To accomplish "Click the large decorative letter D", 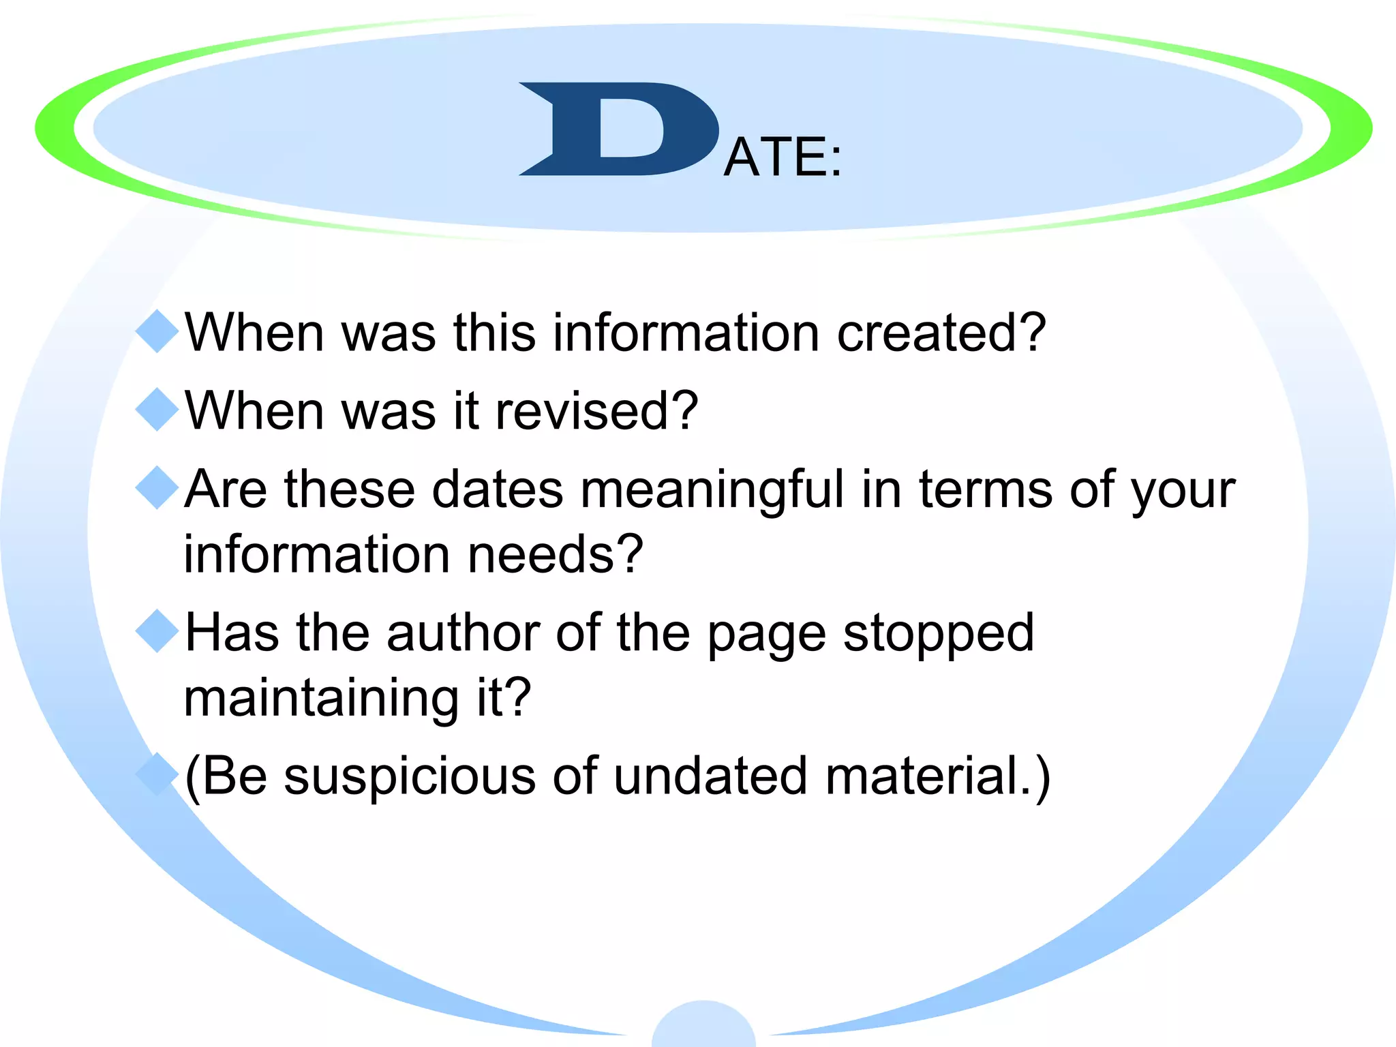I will pos(617,130).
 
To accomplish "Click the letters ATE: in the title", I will pos(783,157).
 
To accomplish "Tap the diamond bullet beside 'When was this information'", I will pos(157,331).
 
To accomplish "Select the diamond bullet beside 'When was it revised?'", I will pos(157,410).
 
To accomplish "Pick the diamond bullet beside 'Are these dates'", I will pos(157,488).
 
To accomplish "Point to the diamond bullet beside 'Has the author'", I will pos(157,631).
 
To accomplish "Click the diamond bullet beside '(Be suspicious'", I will pos(157,774).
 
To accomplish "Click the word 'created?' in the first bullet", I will pos(941,333).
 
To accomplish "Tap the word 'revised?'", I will pos(596,411).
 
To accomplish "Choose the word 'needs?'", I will pos(555,554).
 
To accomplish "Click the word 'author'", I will pos(463,633).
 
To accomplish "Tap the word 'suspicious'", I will pos(410,777).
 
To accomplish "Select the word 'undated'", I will pos(710,776).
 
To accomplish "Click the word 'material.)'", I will pos(938,776).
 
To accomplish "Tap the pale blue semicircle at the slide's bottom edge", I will pos(703,1027).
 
